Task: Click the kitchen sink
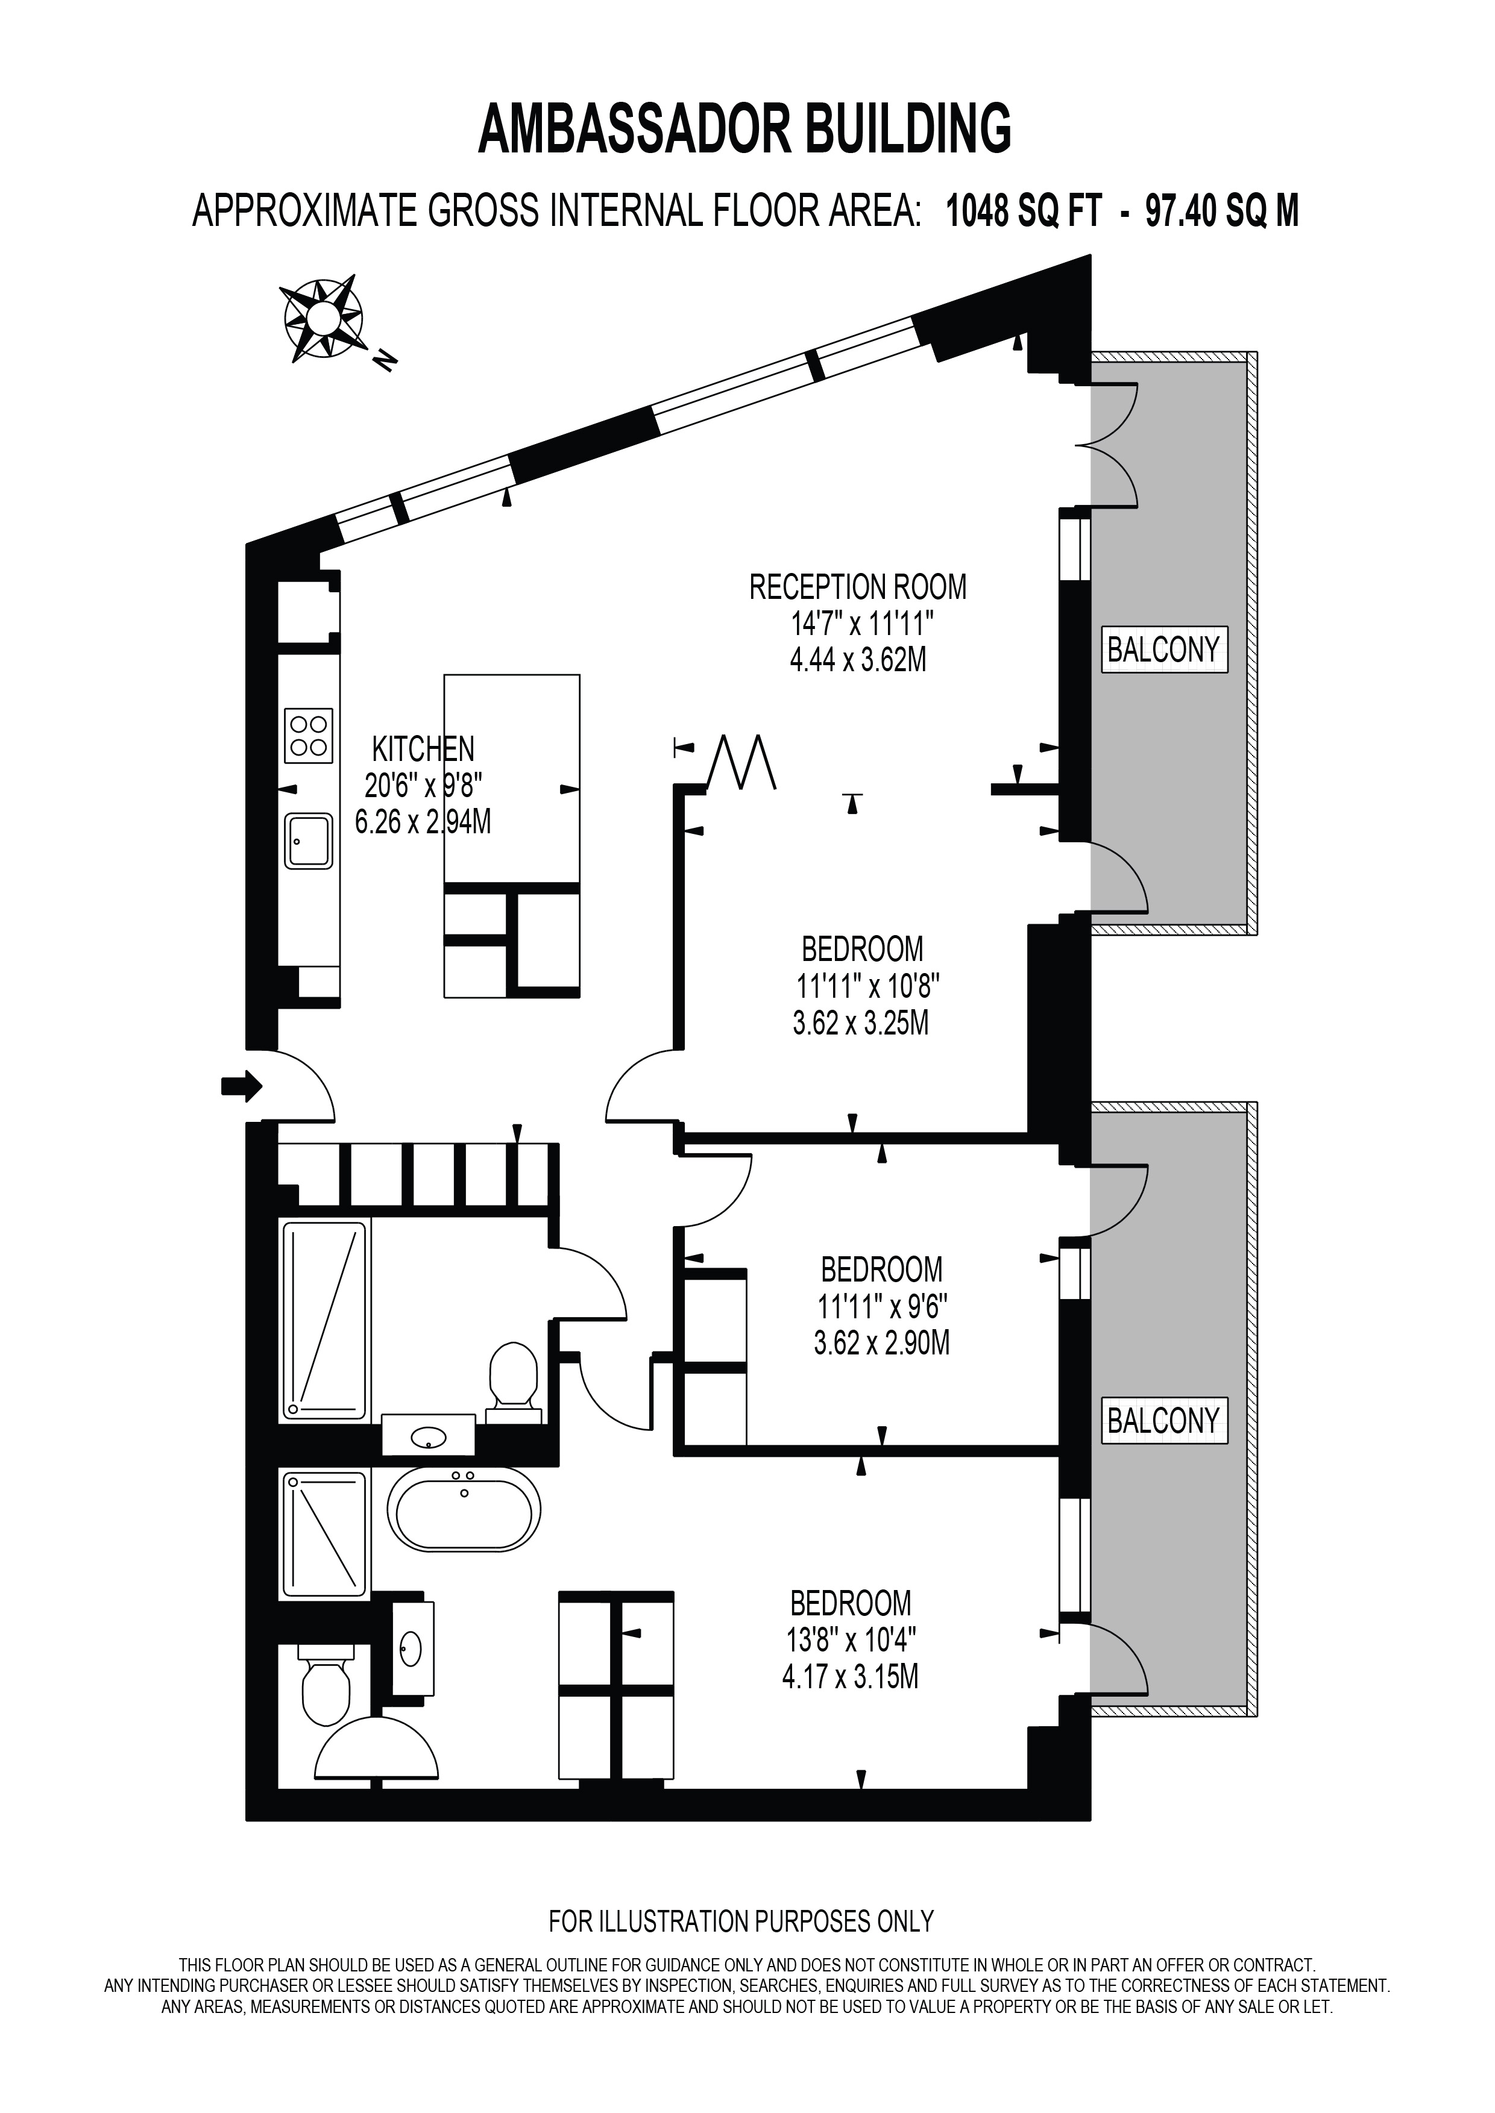tap(309, 841)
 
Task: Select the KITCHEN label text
tap(423, 748)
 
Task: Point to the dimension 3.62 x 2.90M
tap(881, 1343)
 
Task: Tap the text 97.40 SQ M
tap(1221, 211)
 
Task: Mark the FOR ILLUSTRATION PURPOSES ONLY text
tap(741, 1921)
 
